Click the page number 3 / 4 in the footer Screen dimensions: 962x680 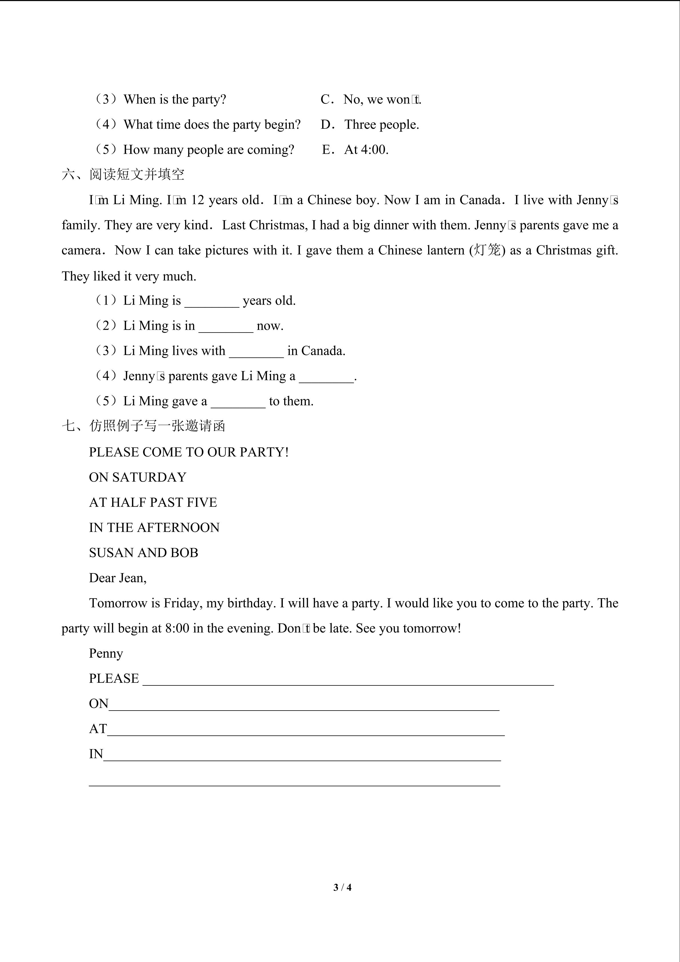point(342,887)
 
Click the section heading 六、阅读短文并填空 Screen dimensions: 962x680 point(123,174)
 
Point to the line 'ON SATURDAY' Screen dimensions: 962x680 point(137,477)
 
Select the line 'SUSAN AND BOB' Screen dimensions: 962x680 point(143,553)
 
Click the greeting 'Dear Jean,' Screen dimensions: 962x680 point(118,578)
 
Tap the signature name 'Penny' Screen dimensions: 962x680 point(106,653)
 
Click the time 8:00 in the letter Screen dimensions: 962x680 point(177,628)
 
